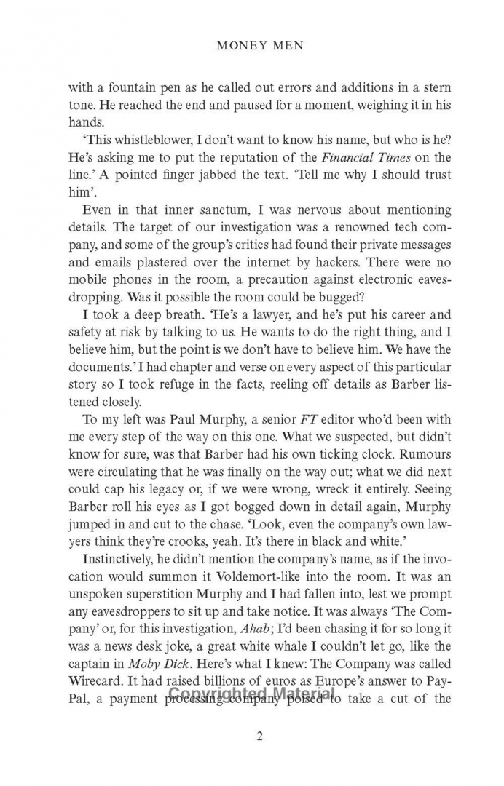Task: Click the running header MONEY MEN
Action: click(x=261, y=45)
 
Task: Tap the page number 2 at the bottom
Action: click(x=260, y=735)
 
